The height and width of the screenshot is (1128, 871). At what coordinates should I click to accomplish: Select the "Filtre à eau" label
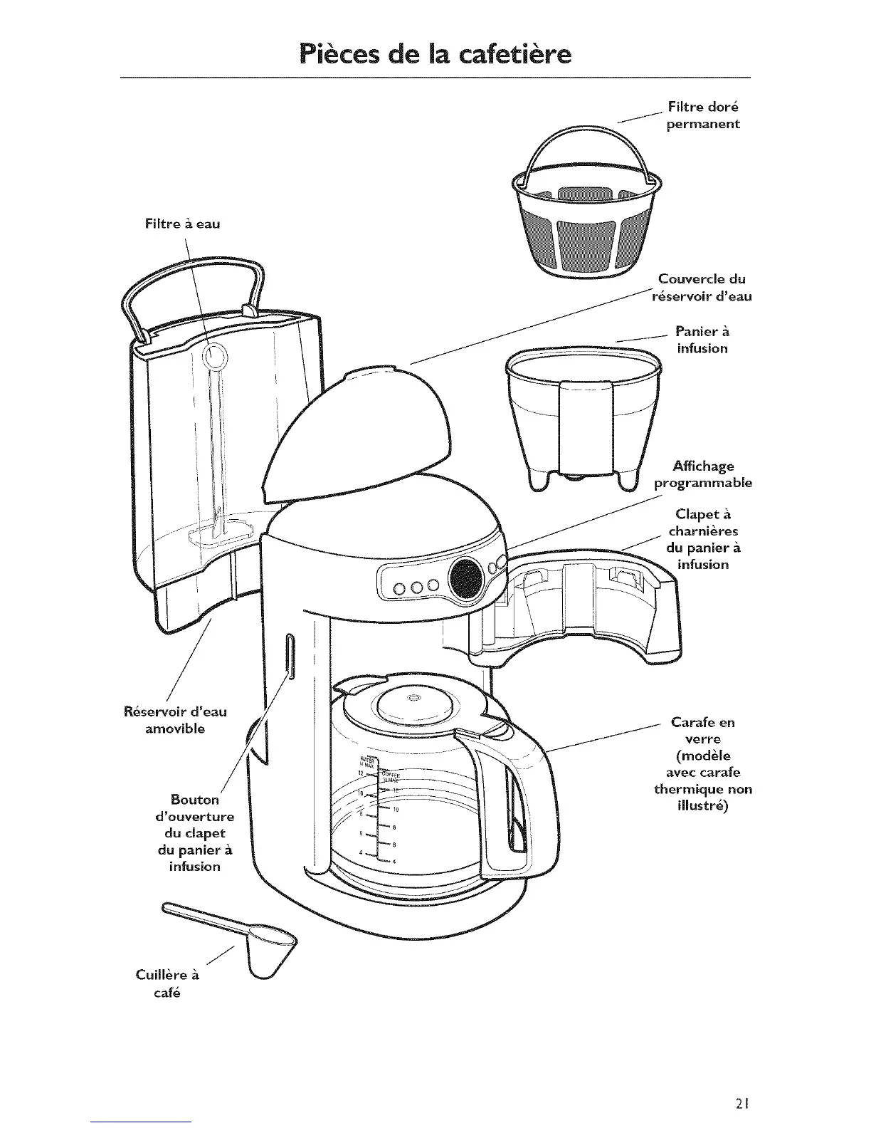click(182, 224)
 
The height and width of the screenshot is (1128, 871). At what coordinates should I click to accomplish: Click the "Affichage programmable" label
click(702, 474)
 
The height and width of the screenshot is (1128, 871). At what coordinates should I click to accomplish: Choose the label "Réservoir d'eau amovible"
click(175, 720)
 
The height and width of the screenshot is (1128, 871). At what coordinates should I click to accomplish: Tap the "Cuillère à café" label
click(168, 983)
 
